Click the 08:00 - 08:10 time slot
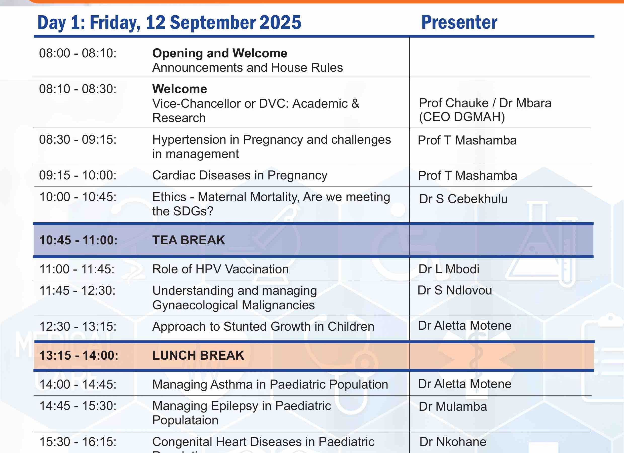(78, 53)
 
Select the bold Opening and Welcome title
(220, 53)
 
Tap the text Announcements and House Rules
(248, 67)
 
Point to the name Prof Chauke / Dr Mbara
(485, 103)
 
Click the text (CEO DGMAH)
(462, 117)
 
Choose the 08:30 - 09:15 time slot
(78, 139)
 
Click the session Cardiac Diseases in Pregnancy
(240, 175)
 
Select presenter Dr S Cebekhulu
(463, 199)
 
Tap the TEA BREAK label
(189, 240)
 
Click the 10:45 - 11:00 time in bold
(79, 240)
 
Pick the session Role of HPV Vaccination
(220, 269)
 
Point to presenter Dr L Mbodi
(449, 269)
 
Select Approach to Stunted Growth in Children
(263, 326)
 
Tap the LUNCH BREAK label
(198, 355)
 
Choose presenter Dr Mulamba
(453, 406)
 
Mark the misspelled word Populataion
(185, 420)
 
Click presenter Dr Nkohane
(453, 442)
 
